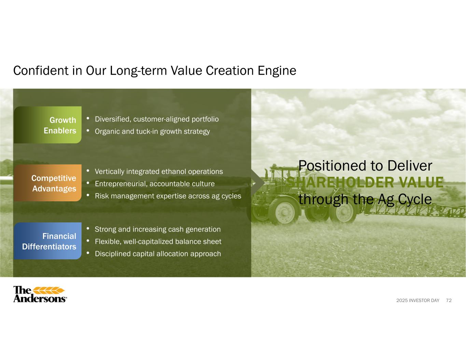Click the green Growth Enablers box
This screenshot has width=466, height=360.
pyautogui.click(x=47, y=125)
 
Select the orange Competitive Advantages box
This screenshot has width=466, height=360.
pyautogui.click(x=47, y=183)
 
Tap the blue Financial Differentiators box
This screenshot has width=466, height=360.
pyautogui.click(x=47, y=241)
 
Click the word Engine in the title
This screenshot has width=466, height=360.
pyautogui.click(x=277, y=71)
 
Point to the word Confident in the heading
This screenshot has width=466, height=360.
pyautogui.click(x=41, y=71)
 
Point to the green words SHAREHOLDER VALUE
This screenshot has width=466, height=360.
pyautogui.click(x=365, y=182)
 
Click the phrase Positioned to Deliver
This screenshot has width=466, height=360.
pyautogui.click(x=365, y=165)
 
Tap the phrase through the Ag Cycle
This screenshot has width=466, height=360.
pyautogui.click(x=365, y=200)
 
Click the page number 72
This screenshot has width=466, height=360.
pyautogui.click(x=449, y=300)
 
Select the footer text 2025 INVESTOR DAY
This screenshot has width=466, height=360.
pyautogui.click(x=418, y=300)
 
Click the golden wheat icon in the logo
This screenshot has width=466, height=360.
pyautogui.click(x=49, y=290)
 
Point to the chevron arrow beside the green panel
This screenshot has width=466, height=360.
pyautogui.click(x=258, y=183)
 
